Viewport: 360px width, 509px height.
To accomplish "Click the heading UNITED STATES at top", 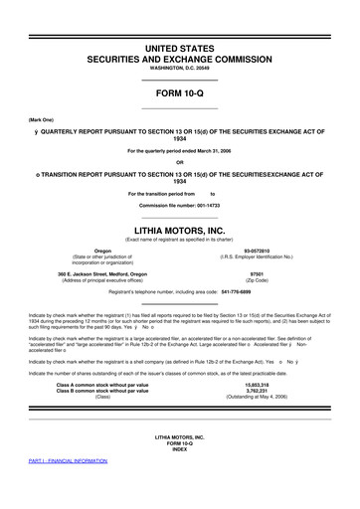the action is (180, 48).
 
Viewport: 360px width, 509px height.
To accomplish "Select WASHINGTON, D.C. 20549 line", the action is (180, 71).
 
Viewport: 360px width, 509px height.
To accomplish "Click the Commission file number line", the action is (180, 204).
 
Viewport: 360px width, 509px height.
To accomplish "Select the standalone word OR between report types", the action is (180, 163).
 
